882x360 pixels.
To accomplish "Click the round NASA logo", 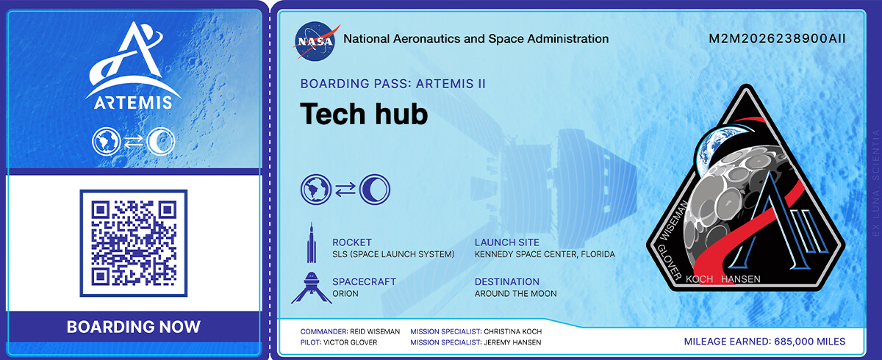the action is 315,41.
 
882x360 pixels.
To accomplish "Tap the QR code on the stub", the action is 134,243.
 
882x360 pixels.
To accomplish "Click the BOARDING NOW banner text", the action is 134,326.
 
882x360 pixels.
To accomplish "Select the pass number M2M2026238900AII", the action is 777,38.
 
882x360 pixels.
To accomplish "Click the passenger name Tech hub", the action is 364,114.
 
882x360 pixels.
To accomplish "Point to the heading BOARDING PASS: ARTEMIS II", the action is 392,84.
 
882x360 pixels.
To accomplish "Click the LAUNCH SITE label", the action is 506,242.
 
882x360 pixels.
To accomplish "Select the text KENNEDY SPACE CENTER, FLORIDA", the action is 545,254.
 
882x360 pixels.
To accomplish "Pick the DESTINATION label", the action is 506,281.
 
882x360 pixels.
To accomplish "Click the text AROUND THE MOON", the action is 515,293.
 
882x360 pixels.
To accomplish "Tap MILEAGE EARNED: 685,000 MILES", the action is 764,342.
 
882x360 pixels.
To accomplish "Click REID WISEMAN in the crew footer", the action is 375,331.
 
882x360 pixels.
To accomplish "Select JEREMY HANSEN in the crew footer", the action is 512,342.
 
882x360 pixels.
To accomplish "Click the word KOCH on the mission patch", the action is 699,279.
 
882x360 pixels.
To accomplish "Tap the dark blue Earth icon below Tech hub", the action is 316,190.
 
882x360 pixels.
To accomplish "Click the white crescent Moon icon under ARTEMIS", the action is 161,141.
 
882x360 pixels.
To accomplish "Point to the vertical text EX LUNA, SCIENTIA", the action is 875,183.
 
